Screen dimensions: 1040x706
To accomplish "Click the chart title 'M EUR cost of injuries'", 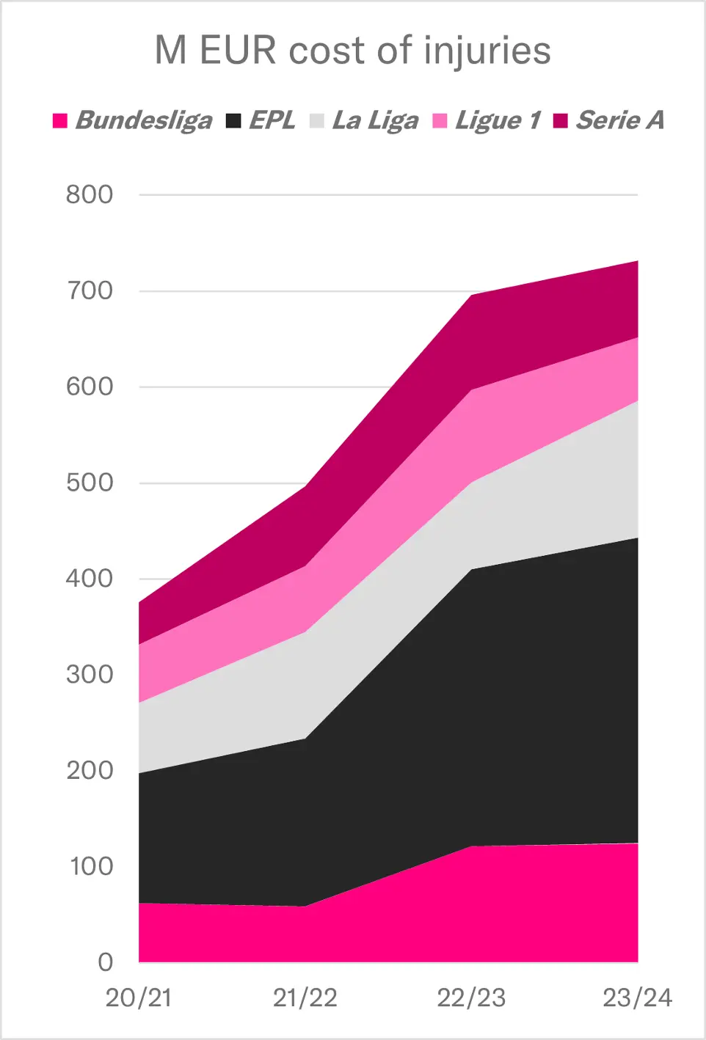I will tap(352, 51).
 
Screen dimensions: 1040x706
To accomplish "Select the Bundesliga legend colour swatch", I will tap(60, 120).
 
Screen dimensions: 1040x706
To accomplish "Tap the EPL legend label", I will tap(272, 120).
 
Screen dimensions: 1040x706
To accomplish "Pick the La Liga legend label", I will tap(375, 120).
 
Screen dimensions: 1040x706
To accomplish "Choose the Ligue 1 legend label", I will tap(498, 120).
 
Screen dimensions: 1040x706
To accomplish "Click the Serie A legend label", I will tap(620, 120).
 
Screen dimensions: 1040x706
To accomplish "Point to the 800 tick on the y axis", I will tap(90, 195).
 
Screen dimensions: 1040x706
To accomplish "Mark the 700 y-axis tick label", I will tap(90, 291).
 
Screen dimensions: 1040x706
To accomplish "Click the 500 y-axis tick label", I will tap(90, 483).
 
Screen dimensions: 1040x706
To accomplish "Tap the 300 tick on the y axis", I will tap(90, 675).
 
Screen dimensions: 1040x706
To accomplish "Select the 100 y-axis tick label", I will tap(91, 867).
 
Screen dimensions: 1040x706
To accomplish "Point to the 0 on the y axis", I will tap(106, 962).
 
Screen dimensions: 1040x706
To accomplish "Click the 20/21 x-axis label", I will tap(139, 998).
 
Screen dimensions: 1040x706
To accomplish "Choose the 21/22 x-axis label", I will tap(305, 998).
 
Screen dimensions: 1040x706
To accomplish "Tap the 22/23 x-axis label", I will tap(471, 998).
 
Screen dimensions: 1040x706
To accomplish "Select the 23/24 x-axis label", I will tap(637, 998).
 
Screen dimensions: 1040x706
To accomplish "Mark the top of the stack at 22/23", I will tap(472, 295).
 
